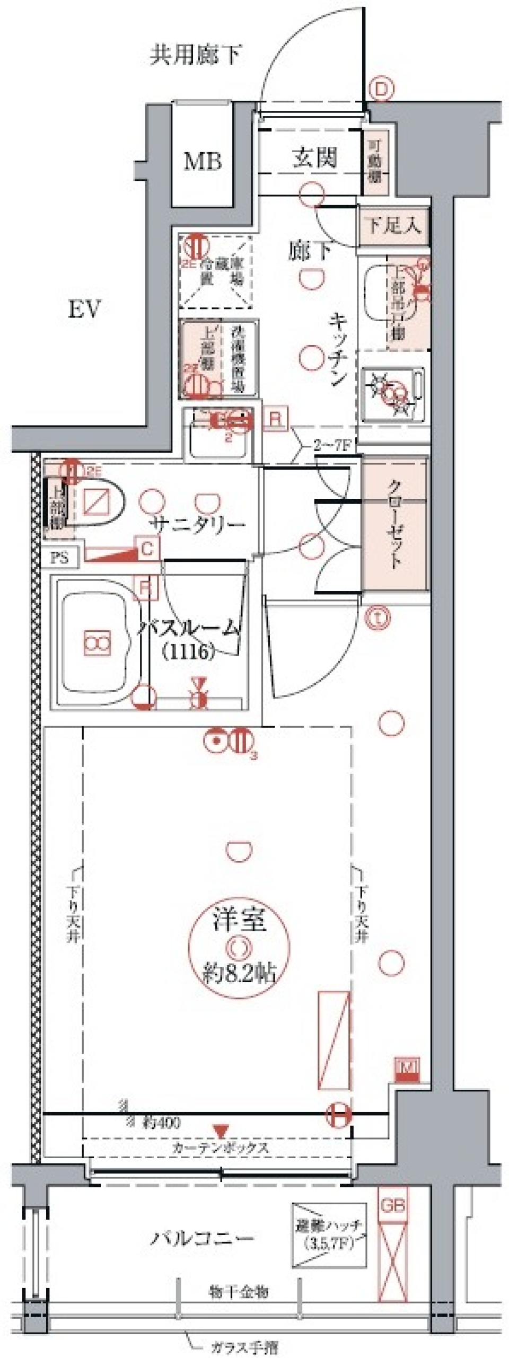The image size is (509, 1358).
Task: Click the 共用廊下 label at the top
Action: pyautogui.click(x=196, y=55)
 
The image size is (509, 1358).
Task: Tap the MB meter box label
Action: pyautogui.click(x=202, y=162)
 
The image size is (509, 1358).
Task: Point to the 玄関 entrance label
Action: pyautogui.click(x=314, y=157)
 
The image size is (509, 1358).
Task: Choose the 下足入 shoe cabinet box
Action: pyautogui.click(x=393, y=226)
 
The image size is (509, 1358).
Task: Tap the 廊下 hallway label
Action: pyautogui.click(x=310, y=251)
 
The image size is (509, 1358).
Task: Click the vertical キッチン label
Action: pyautogui.click(x=338, y=349)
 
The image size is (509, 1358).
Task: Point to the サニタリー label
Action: pyautogui.click(x=197, y=525)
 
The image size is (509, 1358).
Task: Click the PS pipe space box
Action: pyautogui.click(x=59, y=558)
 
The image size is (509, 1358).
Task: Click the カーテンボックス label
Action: pyautogui.click(x=220, y=1148)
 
